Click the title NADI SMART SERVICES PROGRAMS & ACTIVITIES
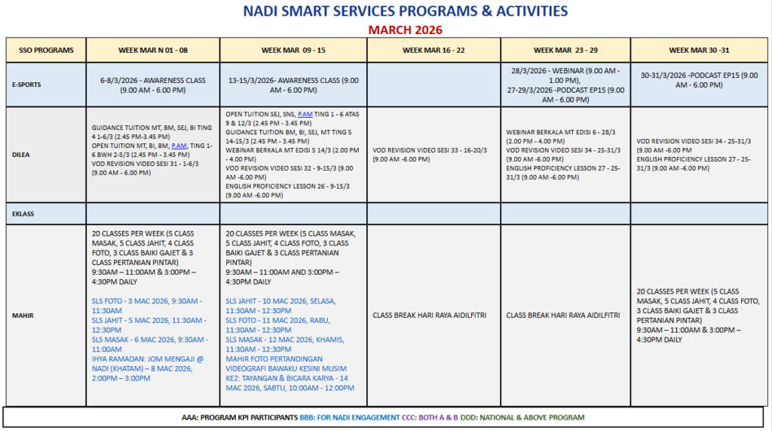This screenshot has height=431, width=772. [x=406, y=11]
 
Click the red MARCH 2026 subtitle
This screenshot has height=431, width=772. [x=406, y=30]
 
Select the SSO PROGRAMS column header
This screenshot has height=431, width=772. [x=46, y=50]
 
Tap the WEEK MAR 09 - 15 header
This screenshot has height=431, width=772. [x=293, y=50]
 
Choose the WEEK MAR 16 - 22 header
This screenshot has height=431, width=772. [x=433, y=50]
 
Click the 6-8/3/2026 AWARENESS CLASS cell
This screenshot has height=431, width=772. [x=153, y=85]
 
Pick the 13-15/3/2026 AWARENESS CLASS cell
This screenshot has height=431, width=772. [x=293, y=85]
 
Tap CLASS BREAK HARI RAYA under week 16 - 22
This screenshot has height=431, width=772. [x=433, y=315]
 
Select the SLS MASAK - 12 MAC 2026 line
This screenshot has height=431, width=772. [x=280, y=344]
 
